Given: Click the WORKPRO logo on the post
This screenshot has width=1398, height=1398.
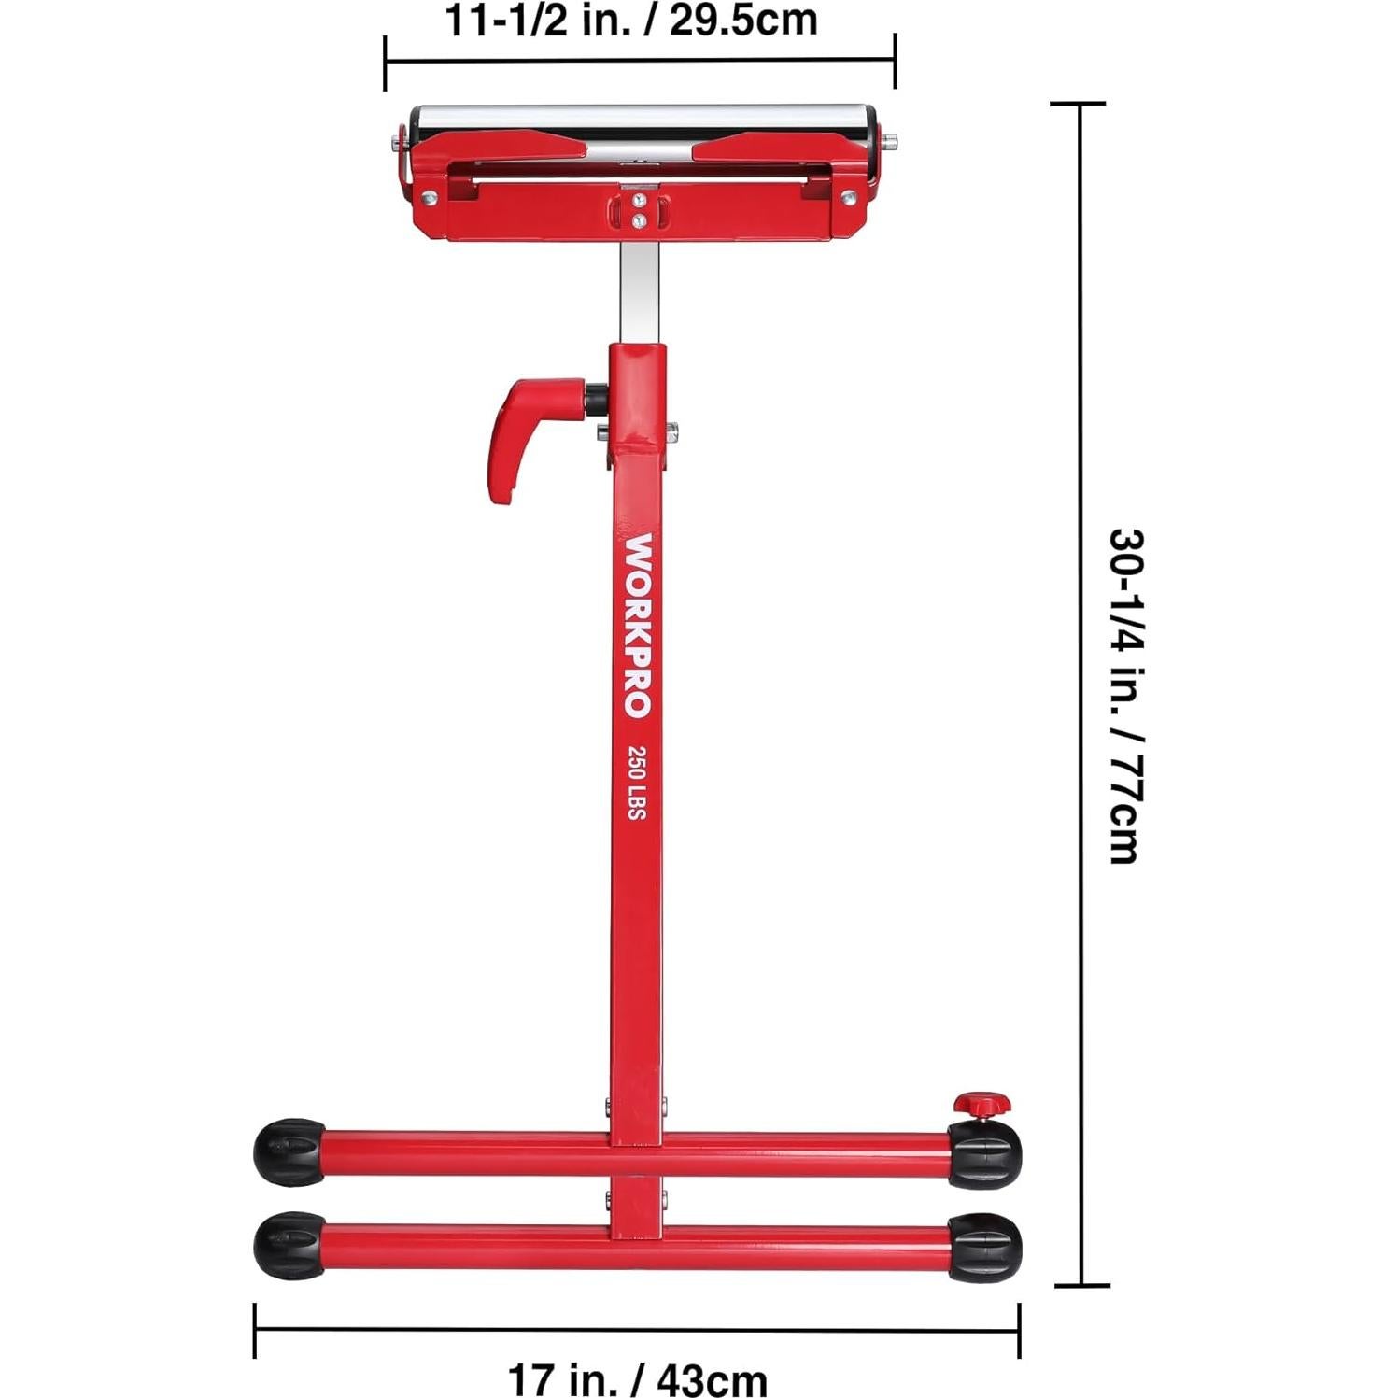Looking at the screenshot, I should click(x=638, y=625).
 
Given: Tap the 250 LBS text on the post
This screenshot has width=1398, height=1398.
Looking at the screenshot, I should click(x=637, y=783).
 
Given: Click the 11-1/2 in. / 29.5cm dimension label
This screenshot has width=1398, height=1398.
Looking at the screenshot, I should click(x=631, y=21).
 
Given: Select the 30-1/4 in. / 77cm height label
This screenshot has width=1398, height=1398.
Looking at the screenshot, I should click(x=1125, y=696).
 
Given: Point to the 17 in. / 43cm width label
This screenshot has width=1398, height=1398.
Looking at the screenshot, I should click(x=637, y=1378).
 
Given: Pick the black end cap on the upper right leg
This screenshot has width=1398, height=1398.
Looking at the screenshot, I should click(x=984, y=1154).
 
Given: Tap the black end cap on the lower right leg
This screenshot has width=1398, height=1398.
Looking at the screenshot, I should click(x=984, y=1248).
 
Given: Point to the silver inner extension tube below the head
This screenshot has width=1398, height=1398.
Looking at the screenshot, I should click(x=639, y=290).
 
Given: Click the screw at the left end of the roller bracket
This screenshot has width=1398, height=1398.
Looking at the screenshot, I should click(x=429, y=197).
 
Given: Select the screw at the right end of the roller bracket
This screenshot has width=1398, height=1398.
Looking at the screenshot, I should click(x=848, y=197).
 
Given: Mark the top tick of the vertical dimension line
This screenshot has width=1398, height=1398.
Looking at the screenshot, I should click(x=1080, y=104).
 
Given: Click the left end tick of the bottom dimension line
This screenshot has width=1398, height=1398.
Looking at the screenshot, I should click(x=255, y=1330).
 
